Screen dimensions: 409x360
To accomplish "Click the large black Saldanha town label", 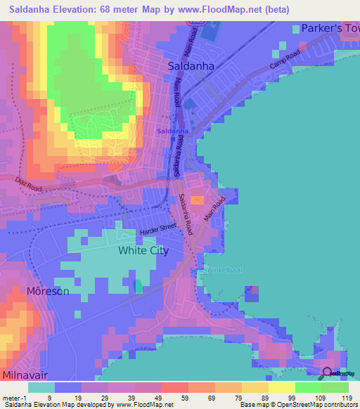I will (191, 65).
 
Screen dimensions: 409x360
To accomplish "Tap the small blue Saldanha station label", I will (172, 131).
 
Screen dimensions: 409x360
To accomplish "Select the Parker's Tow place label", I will (330, 29).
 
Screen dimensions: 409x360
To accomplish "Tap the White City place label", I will (143, 250).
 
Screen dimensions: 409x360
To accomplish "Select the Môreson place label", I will (48, 291).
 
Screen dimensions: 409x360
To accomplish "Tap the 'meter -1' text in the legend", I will (14, 398).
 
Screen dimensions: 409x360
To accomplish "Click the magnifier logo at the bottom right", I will (328, 373).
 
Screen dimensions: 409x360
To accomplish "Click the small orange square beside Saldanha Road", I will (197, 200).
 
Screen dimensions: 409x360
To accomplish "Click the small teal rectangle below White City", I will (138, 286).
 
